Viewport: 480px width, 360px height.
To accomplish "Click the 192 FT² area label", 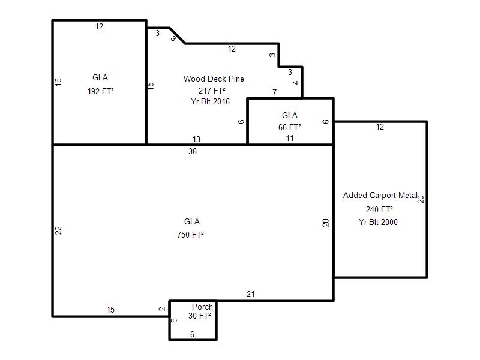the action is click(x=100, y=91).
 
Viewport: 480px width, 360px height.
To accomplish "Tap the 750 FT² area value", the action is click(x=190, y=235).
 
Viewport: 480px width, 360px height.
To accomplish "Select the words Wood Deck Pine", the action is click(x=214, y=79).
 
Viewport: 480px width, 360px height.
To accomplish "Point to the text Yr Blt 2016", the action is click(x=210, y=101).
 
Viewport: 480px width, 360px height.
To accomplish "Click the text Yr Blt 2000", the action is click(x=378, y=222).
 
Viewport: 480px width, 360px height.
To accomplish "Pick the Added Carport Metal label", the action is click(x=380, y=196).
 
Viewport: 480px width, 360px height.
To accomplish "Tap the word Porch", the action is click(x=202, y=307).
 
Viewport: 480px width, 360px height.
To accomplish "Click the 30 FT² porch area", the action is click(x=200, y=316).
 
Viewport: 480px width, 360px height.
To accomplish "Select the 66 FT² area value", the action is click(x=289, y=127).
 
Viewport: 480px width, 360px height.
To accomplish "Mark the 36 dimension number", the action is click(x=193, y=151).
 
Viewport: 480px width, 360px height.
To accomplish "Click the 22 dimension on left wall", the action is click(x=58, y=230).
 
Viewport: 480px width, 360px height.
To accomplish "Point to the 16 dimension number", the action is click(x=58, y=82).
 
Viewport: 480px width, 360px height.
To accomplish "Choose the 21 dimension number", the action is click(x=250, y=294).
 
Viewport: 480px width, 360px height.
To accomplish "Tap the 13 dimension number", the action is click(x=196, y=139).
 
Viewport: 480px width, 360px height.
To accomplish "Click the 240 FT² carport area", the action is click(x=379, y=209).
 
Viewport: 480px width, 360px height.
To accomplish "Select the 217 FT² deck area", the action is click(x=212, y=91).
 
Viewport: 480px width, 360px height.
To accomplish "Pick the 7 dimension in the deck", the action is click(x=275, y=92).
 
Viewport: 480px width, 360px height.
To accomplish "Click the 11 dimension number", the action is click(x=290, y=138).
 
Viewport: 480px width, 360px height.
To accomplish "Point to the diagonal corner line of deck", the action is click(x=177, y=36).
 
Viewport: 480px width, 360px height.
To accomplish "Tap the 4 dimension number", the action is click(x=295, y=82).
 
